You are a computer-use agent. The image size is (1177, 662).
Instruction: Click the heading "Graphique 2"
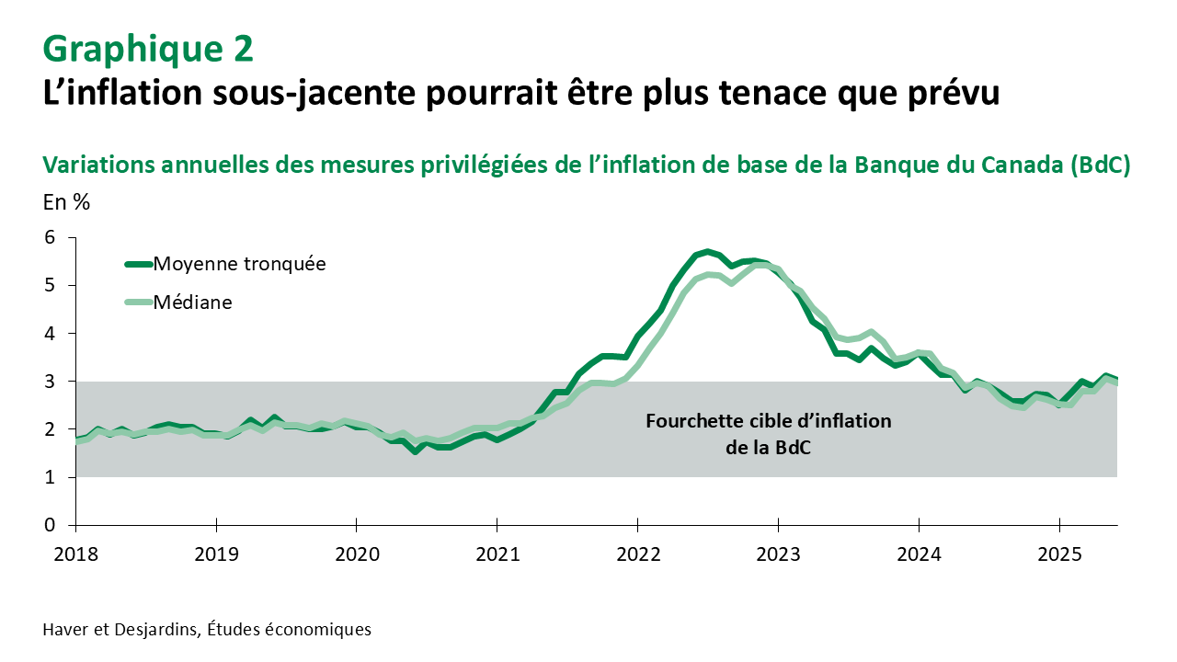(148, 49)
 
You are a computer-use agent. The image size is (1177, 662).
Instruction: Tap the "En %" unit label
(66, 202)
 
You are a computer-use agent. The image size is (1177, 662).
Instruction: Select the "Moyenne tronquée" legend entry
(239, 264)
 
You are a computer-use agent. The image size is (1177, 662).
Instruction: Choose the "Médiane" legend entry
(192, 302)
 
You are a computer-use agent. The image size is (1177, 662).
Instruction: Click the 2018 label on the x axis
(75, 556)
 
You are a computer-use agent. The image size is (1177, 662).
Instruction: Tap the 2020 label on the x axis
(356, 556)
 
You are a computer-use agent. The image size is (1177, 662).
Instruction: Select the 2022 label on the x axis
(637, 556)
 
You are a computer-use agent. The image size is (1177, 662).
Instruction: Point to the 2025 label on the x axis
(1058, 556)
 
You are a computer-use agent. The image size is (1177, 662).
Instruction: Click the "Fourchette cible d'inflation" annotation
(769, 422)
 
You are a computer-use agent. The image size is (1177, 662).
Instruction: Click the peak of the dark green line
(706, 251)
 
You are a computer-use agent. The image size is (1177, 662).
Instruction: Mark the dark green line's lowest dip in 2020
(416, 451)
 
